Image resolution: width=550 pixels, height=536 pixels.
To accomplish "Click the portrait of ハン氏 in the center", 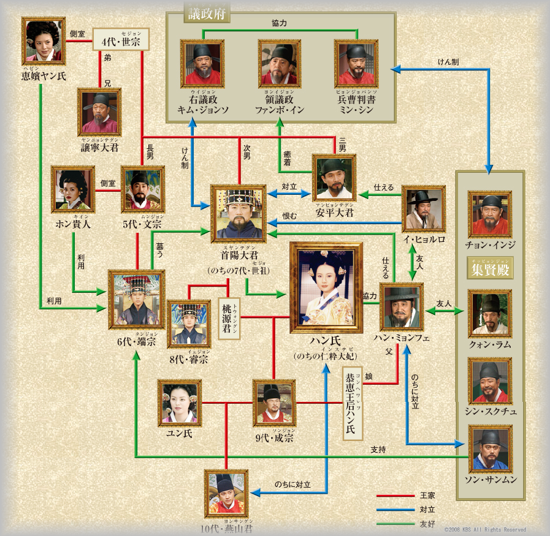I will click(x=326, y=287).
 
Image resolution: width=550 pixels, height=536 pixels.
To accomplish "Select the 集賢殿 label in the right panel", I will click(x=490, y=269).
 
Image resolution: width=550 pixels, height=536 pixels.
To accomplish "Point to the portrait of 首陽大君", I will click(x=239, y=213).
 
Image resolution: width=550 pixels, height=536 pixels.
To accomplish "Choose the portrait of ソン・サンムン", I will click(x=490, y=449).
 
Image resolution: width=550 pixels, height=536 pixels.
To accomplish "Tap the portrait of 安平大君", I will click(x=334, y=178).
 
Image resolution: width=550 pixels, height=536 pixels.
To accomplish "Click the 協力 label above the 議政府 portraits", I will click(x=280, y=23).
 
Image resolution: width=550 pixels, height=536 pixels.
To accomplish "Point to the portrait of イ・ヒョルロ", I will click(x=423, y=209).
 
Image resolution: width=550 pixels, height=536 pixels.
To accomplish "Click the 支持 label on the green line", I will click(x=378, y=450).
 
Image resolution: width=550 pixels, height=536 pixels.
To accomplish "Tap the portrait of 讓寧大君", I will click(x=99, y=112).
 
